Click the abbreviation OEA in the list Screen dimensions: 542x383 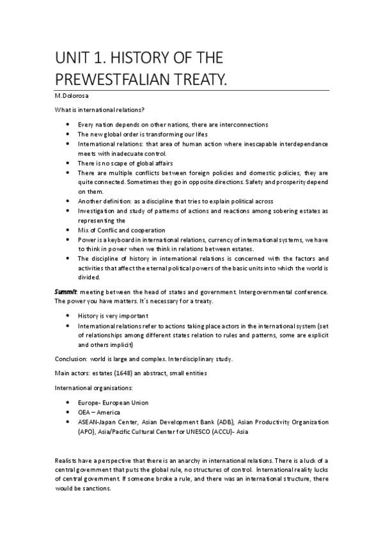(85, 413)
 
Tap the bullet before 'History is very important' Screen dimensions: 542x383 (68, 316)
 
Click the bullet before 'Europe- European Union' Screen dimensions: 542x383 (68, 403)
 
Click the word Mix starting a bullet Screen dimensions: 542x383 (83, 230)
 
